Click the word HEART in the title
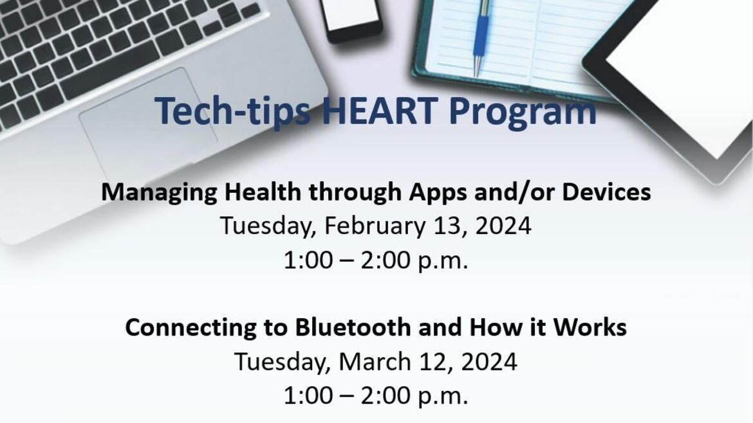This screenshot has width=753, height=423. [x=379, y=111]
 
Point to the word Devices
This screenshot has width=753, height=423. [x=606, y=192]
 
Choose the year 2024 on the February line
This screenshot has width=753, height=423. [x=503, y=226]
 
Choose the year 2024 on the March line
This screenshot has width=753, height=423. [x=489, y=362]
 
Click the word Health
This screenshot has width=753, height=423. [x=263, y=192]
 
